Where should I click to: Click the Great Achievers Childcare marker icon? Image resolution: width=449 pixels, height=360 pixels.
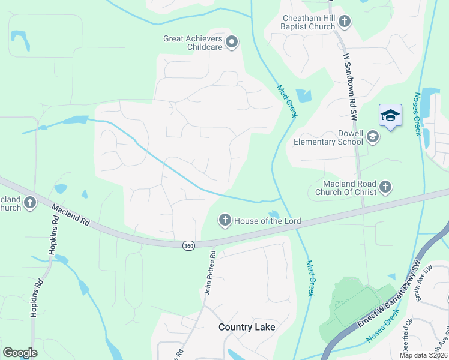coord(232,42)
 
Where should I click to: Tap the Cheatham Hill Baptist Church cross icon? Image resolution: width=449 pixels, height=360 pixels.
coord(345,22)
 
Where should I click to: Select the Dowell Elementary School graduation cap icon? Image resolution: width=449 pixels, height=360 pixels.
coord(373,137)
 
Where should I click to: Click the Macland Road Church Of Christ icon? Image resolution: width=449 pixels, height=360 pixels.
coord(385,187)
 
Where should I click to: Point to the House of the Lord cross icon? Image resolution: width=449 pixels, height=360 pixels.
coord(225,221)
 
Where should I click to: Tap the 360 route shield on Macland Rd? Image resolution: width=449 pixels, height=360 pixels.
coord(189,245)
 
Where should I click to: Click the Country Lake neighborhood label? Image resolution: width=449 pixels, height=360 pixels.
coord(247,327)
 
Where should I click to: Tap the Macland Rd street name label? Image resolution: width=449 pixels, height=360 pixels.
coord(71,214)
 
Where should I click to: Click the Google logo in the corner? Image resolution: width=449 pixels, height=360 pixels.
coord(20,353)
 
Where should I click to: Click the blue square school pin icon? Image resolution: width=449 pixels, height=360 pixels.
coord(390,116)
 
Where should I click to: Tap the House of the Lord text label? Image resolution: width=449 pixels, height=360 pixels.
coord(267,221)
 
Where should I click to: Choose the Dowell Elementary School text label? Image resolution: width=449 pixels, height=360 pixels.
coord(328,137)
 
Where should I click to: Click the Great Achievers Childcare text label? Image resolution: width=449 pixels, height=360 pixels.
coord(193,43)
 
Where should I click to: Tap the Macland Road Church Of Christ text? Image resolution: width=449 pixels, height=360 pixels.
coord(349,188)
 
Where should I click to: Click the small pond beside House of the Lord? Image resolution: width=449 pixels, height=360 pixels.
coord(274,214)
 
